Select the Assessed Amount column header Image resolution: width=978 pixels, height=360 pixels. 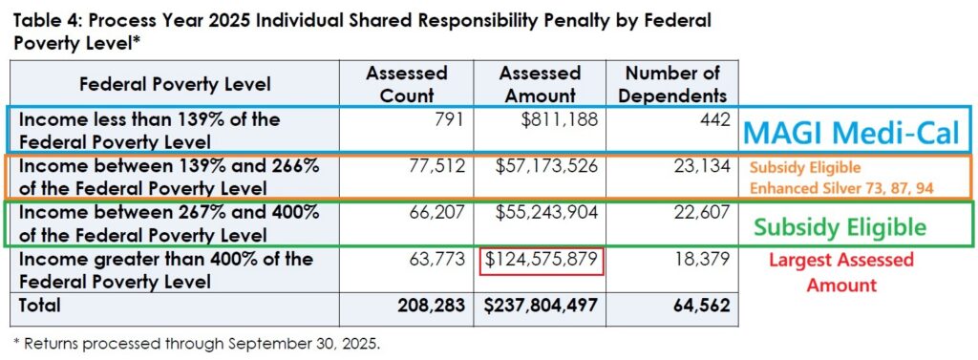click(x=541, y=84)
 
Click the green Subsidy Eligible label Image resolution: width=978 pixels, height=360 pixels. click(x=839, y=227)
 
